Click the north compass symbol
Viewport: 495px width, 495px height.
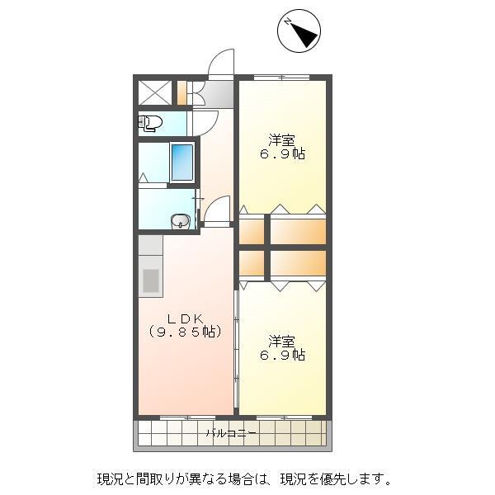(298, 31)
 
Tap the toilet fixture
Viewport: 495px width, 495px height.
(150, 124)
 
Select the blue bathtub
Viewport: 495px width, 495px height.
(181, 162)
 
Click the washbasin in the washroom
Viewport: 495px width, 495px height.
(180, 220)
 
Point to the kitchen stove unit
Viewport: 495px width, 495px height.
(150, 279)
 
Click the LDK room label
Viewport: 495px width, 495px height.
(186, 318)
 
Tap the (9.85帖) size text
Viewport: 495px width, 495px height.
(186, 332)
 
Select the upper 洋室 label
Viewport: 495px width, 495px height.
(282, 139)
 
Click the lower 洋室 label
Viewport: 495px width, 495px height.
(282, 341)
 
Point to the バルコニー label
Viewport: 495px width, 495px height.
(231, 432)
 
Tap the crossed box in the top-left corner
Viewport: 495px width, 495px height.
(153, 92)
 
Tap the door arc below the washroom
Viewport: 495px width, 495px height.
(216, 210)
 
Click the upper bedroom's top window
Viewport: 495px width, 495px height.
(281, 78)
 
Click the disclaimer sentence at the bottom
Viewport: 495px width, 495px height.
(244, 478)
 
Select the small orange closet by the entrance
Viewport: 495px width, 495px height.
(181, 92)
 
